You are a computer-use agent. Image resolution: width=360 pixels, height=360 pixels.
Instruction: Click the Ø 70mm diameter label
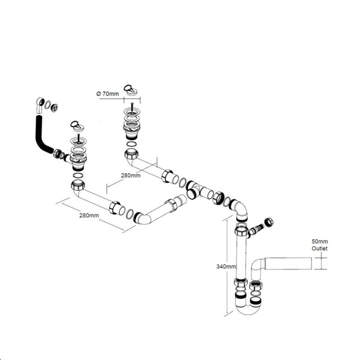click(x=107, y=94)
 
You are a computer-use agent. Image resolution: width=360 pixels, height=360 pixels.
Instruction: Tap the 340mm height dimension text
click(x=226, y=266)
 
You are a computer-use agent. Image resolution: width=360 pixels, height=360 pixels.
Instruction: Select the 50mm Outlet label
click(x=320, y=245)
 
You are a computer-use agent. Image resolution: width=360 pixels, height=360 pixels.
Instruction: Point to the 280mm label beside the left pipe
click(x=89, y=215)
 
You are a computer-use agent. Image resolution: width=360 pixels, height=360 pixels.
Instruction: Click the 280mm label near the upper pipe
click(x=131, y=175)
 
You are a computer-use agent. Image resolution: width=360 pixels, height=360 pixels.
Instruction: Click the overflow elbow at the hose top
click(x=40, y=104)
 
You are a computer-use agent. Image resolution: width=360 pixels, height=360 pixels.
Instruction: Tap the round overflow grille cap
click(x=55, y=107)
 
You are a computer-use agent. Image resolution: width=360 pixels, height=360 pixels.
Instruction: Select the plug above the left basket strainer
click(x=77, y=126)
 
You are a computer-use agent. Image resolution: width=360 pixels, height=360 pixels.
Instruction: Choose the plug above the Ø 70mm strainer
click(x=130, y=89)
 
